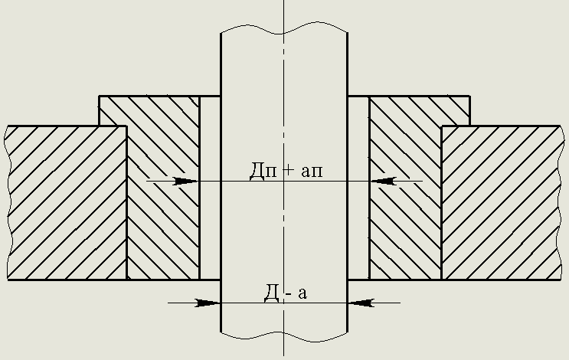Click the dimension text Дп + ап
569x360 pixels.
pos(286,170)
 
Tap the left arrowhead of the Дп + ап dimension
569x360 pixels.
pos(187,182)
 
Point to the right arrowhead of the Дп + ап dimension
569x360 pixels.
pos(382,182)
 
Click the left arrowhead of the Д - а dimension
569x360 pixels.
pos(208,303)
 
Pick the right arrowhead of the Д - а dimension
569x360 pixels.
pos(361,303)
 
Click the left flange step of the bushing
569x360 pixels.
pos(113,110)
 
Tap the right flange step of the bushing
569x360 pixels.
pos(456,110)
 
